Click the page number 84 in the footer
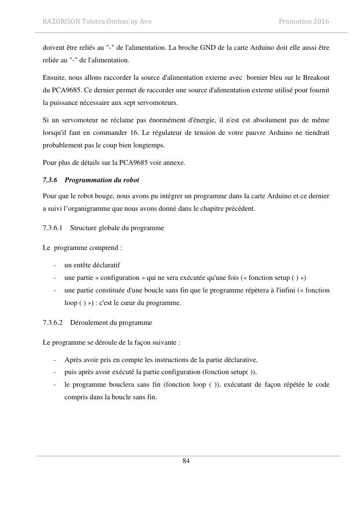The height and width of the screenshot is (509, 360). tap(186, 461)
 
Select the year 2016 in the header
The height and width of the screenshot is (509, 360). tap(321, 22)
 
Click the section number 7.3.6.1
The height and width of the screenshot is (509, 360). tap(53, 228)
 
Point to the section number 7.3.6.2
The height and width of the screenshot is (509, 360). tap(53, 322)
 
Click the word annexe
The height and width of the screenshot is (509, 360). tap(174, 162)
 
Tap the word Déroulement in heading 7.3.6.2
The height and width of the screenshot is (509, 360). tap(89, 322)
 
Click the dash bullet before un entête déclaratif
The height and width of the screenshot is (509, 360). tap(55, 265)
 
